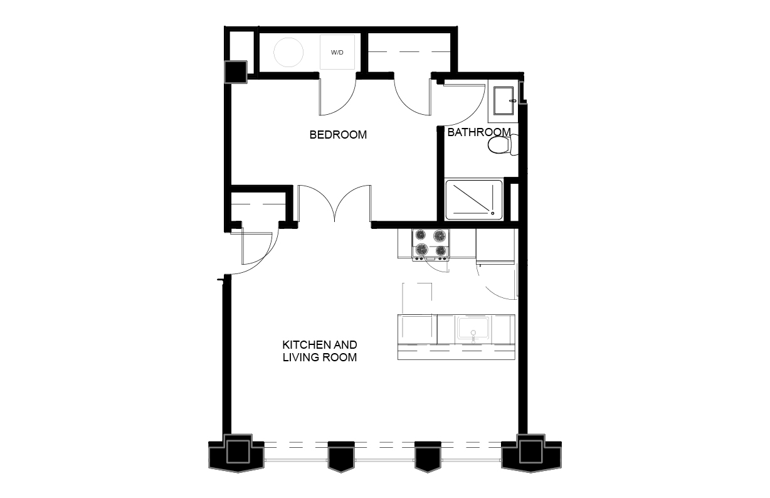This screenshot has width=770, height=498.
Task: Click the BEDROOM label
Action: (338, 134)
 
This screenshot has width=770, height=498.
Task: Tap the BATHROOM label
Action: (479, 132)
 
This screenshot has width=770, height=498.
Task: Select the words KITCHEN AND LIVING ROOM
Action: (320, 351)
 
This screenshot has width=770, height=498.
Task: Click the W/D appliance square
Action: (337, 52)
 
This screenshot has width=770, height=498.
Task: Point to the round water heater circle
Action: (288, 52)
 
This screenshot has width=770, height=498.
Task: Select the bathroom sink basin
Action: (504, 101)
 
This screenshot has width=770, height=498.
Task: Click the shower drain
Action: (493, 213)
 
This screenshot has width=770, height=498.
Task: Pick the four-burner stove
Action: (431, 245)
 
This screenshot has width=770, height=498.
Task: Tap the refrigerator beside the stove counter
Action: (495, 246)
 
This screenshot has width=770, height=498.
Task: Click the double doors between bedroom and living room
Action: (334, 203)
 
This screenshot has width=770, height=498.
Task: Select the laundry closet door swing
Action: (337, 97)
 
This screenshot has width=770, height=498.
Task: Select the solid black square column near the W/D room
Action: (236, 72)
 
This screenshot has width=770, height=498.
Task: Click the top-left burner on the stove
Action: (420, 235)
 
